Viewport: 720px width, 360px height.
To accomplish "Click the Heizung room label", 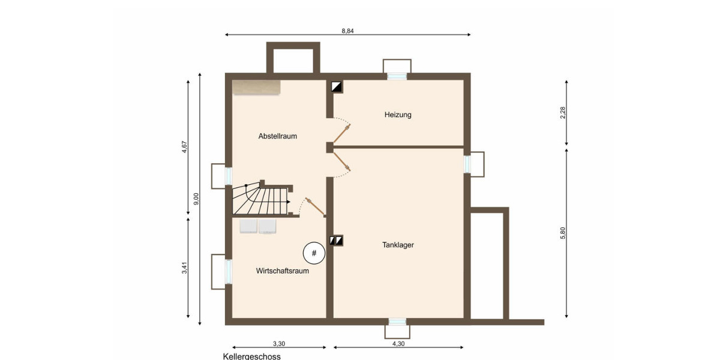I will click(x=398, y=115).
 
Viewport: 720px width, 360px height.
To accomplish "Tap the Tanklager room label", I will click(x=398, y=245).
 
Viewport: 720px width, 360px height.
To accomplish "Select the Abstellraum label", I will click(x=277, y=136).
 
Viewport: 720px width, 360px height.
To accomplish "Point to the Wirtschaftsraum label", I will click(x=282, y=271).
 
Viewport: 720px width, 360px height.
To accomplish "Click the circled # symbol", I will click(x=313, y=253).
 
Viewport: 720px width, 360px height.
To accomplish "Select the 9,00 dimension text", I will click(x=196, y=199).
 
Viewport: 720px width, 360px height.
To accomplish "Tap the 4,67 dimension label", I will click(x=184, y=147).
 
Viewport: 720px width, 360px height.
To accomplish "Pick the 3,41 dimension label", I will click(x=184, y=268).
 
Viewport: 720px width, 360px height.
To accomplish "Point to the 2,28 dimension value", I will click(x=563, y=113).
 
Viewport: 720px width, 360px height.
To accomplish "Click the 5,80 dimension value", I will click(x=563, y=234).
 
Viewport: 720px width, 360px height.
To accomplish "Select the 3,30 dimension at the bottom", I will click(x=279, y=344).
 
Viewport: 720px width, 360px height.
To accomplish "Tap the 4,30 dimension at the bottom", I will click(x=398, y=344).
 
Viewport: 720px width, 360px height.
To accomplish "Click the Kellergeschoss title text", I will click(x=251, y=356).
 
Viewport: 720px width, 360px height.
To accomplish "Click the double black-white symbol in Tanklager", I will click(x=336, y=241).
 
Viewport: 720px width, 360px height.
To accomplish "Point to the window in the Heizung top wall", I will click(x=397, y=76).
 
